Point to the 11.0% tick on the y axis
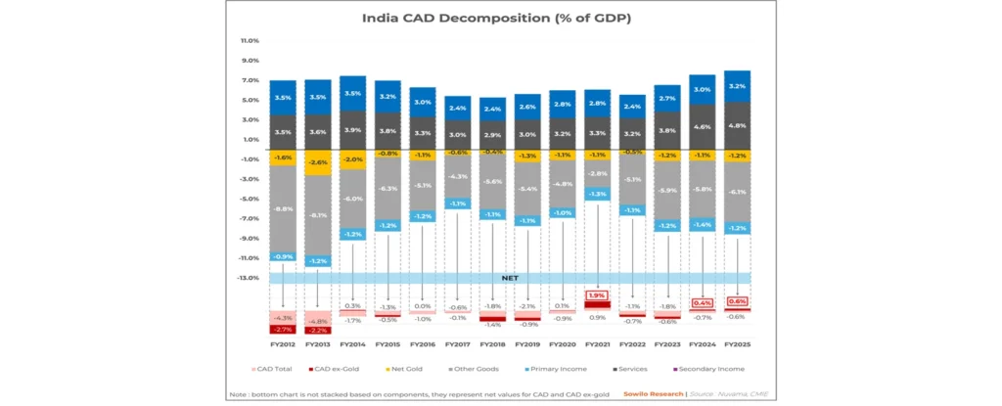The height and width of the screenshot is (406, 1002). coord(250,41)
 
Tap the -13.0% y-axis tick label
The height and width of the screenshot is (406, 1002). coord(249,278)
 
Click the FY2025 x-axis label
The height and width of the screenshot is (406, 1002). coord(738,344)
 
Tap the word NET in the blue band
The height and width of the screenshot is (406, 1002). coord(509,278)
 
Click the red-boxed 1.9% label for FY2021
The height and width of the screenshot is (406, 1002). coord(597,294)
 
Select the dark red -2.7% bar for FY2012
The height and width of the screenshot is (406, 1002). coord(283,330)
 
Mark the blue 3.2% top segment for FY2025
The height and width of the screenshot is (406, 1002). coord(738,86)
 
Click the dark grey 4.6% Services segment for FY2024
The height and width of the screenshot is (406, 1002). coord(703,127)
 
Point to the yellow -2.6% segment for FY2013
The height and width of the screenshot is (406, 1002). coord(318,162)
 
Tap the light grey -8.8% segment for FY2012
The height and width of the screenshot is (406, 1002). coord(283,208)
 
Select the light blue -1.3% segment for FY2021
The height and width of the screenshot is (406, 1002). coord(597,194)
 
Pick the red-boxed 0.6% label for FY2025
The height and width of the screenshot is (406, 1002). coord(738,302)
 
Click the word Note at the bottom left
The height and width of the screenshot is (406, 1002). coord(237,393)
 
